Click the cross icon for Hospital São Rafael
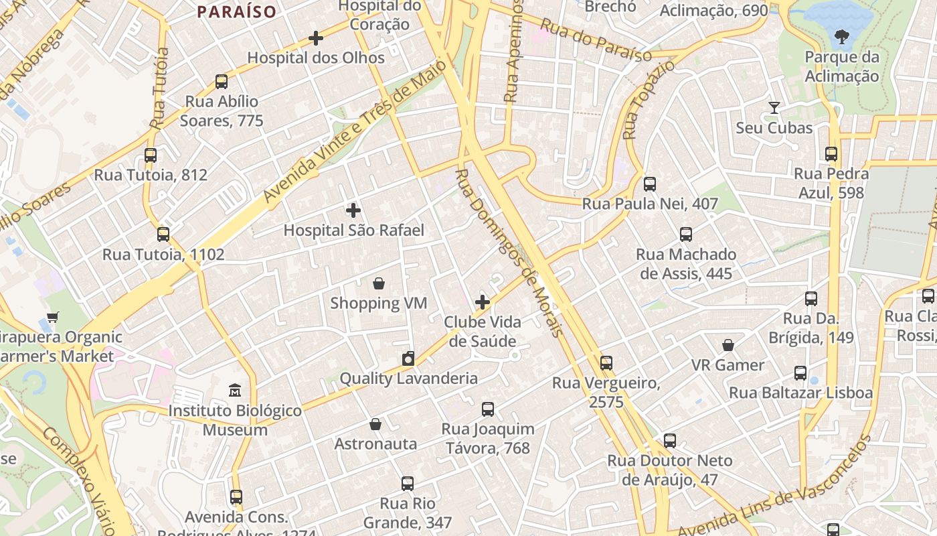[353, 210]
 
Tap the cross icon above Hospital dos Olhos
[316, 38]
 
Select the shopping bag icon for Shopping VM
[379, 283]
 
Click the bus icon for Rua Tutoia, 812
[151, 155]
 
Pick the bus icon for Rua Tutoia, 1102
[163, 234]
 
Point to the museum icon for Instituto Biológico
[235, 390]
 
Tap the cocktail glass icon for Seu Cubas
[774, 107]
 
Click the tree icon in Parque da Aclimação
[842, 37]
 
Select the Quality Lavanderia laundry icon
[408, 358]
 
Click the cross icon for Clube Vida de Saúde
[483, 302]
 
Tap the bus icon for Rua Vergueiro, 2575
[606, 363]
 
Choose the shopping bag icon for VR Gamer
[728, 345]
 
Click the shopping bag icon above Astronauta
[375, 424]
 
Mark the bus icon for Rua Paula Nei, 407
[650, 184]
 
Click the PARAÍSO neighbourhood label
[237, 11]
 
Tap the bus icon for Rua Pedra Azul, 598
[831, 154]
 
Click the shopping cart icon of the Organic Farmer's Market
[53, 317]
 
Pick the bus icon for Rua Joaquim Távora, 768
[488, 409]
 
